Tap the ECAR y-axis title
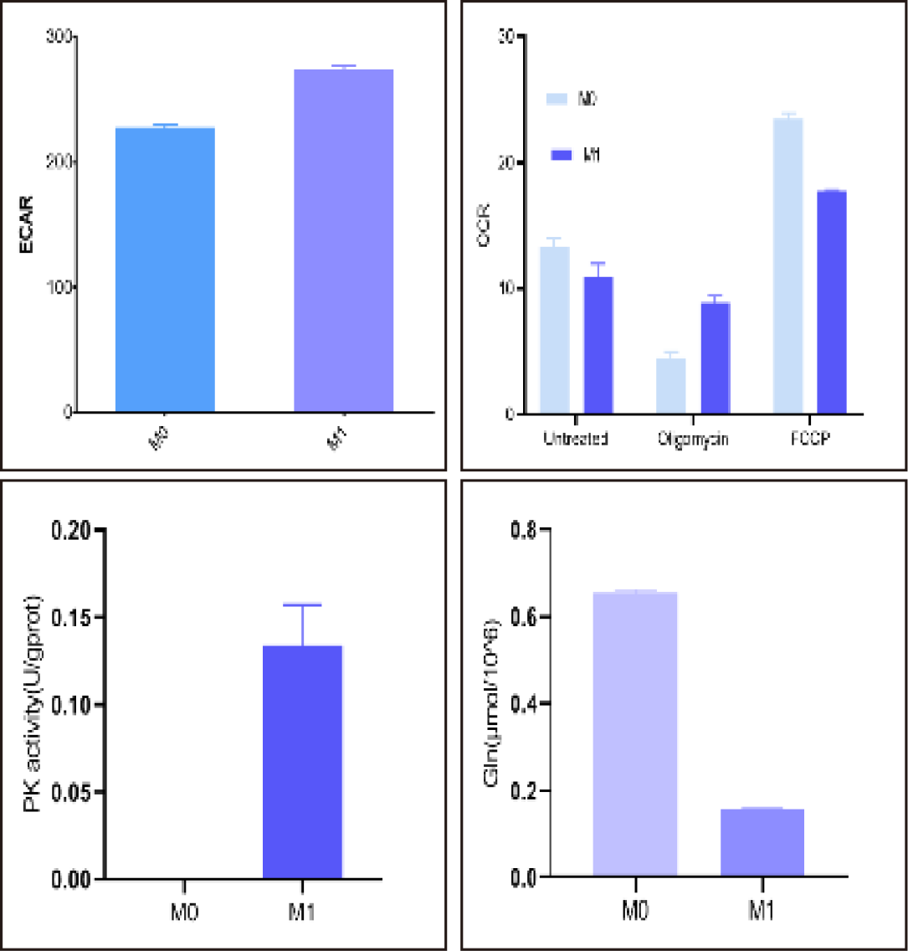point(27,225)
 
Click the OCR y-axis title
point(483,225)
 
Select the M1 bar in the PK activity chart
point(302,762)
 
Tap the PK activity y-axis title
point(33,703)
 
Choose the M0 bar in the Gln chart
point(634,734)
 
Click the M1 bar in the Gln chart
point(762,843)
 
